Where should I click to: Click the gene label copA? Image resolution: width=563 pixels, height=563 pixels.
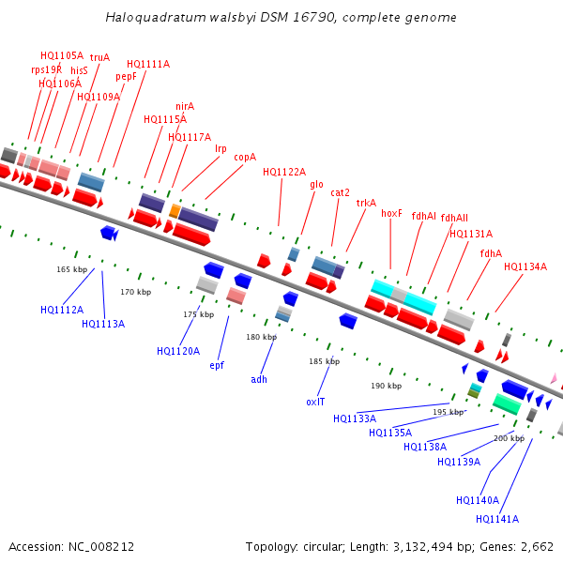click(245, 158)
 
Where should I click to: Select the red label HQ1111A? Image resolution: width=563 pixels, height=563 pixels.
click(148, 64)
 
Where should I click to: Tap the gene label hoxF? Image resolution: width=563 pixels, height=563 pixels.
click(391, 214)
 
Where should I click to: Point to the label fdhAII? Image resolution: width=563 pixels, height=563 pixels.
click(454, 218)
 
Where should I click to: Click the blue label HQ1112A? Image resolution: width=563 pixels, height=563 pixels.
click(62, 309)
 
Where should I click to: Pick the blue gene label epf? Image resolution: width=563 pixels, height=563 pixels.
click(217, 365)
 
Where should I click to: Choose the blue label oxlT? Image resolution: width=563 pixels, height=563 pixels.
click(315, 402)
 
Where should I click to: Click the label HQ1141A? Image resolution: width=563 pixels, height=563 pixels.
click(497, 519)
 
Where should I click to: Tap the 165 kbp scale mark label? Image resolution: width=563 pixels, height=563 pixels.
click(71, 269)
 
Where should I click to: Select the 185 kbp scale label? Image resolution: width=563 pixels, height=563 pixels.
click(324, 361)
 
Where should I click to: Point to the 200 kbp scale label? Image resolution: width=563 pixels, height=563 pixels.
click(510, 438)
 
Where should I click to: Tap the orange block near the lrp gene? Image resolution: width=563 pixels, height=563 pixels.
click(175, 210)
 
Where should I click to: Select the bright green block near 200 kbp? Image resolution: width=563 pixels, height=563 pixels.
click(507, 404)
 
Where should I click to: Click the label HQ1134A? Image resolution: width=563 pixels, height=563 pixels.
click(525, 266)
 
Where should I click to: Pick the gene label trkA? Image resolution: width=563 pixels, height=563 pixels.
click(366, 203)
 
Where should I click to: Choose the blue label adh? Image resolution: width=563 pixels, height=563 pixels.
click(259, 379)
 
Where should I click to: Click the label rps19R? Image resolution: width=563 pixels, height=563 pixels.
click(46, 69)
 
